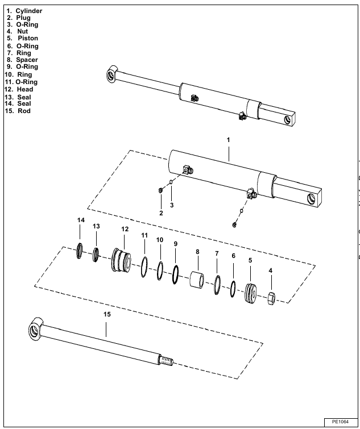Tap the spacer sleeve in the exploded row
click(x=198, y=280)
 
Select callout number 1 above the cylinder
click(x=228, y=139)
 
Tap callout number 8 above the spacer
click(x=197, y=252)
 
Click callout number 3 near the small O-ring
click(x=172, y=205)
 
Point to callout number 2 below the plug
click(x=161, y=213)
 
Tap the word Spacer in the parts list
click(x=27, y=60)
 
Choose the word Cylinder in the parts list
click(x=29, y=10)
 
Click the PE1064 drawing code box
click(x=340, y=422)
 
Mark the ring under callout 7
click(x=217, y=285)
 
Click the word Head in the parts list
click(x=25, y=89)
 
